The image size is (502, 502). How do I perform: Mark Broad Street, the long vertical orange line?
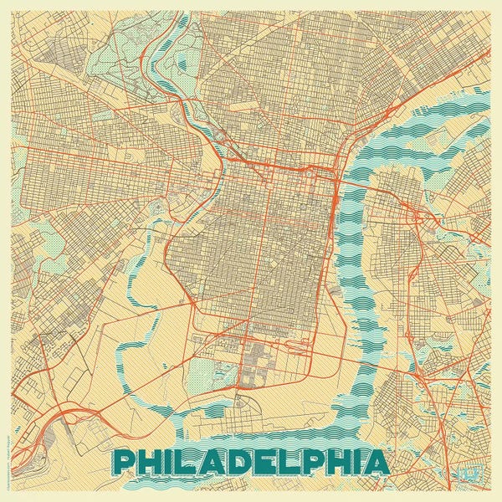[x=265, y=251]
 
